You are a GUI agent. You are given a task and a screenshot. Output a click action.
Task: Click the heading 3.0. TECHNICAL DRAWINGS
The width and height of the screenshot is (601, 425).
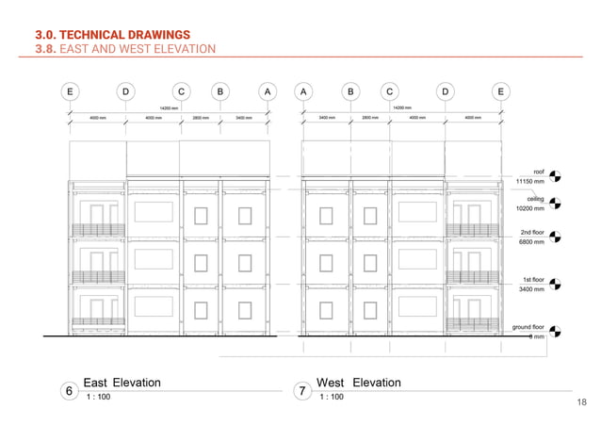[x=112, y=34]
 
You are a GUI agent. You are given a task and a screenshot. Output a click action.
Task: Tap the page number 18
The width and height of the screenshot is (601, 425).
[x=580, y=402]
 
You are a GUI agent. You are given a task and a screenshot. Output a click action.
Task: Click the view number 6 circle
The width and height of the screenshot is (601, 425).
[x=69, y=389]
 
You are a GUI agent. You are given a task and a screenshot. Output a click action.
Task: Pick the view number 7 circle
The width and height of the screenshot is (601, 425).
[x=302, y=389]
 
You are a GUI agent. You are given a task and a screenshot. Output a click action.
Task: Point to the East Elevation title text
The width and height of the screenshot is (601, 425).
[x=122, y=383]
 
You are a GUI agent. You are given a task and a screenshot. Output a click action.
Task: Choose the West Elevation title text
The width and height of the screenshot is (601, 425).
[x=359, y=383]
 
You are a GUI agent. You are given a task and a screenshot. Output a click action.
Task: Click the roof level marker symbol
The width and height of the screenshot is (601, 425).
[x=555, y=175]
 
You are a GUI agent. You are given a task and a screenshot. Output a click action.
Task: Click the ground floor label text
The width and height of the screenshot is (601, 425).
[x=528, y=326]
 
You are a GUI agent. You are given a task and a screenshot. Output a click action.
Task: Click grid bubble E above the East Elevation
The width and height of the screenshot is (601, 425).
[x=69, y=91]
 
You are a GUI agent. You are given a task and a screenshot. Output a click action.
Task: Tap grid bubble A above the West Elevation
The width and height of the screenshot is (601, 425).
[x=303, y=91]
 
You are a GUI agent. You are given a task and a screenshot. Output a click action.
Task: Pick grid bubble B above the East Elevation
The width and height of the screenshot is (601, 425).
[x=219, y=91]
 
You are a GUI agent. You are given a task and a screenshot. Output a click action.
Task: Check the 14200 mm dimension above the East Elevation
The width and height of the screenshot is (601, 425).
[x=169, y=108]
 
